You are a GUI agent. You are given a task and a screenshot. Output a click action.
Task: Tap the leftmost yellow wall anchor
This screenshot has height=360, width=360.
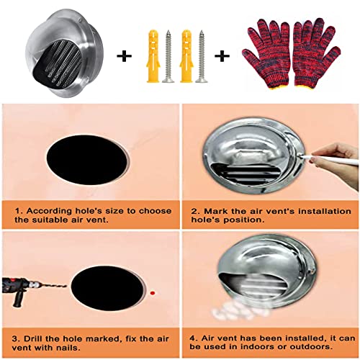coord(153,56)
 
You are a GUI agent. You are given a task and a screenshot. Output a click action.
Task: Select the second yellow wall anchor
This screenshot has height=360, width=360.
coord(186,56)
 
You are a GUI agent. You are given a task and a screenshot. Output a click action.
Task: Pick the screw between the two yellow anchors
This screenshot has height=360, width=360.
coord(168,56)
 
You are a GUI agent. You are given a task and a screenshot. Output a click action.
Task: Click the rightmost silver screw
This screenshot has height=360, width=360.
coord(202,56)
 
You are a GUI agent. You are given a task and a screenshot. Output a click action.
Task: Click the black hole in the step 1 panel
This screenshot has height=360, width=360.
coord(87,160)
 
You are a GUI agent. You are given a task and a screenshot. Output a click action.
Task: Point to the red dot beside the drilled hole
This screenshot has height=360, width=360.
coord(153,293)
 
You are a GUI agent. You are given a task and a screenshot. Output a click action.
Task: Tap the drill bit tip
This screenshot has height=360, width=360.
coord(66,286)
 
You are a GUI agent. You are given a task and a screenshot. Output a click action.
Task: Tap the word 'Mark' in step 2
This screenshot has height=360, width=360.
coord(215,211)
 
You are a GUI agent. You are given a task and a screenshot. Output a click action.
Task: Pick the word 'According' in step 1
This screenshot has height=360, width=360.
coord(49,211)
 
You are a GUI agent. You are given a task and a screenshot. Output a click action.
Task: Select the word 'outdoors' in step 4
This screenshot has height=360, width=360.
coord(311,346)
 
